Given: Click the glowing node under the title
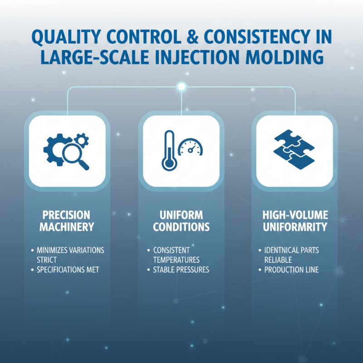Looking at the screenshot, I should [x=181, y=86].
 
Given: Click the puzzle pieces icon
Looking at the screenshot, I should [x=294, y=149].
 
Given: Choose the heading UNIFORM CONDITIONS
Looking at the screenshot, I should [x=181, y=220].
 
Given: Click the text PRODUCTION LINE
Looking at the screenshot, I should [x=291, y=270].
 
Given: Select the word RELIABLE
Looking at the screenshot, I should [x=278, y=260].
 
